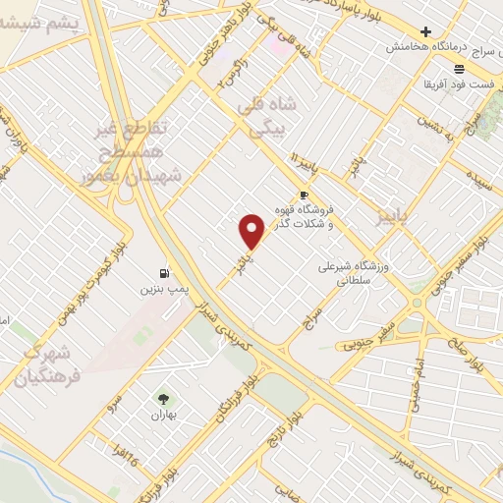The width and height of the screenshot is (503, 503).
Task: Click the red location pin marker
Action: click(252, 231)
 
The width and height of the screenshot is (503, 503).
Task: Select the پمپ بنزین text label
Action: click(157, 291)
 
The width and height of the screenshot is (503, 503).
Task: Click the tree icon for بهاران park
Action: click(163, 399)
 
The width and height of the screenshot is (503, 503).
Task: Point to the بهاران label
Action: click(163, 417)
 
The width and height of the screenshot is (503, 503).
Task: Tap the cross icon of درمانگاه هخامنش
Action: click(425, 32)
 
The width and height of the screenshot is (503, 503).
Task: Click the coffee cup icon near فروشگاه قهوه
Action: click(305, 195)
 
